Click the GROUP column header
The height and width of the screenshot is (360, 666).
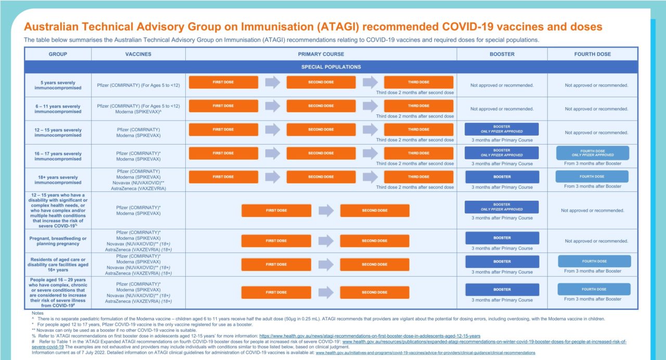coord(58,54)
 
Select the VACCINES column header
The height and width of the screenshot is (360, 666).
coord(138,54)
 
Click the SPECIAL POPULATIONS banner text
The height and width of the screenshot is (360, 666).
coord(331,67)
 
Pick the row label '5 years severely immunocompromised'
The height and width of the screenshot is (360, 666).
coord(58,85)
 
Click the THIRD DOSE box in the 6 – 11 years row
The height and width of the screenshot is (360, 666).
coord(418,106)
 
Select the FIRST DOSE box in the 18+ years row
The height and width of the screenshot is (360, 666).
coord(223,177)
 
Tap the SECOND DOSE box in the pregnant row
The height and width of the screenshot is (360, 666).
coord(375,241)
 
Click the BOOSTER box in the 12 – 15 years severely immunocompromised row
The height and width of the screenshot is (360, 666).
coord(502,129)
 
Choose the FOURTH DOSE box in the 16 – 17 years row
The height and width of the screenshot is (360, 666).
coord(592,152)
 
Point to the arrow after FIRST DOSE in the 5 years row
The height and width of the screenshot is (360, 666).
coord(272,82)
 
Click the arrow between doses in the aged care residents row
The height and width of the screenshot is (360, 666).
coord(326,264)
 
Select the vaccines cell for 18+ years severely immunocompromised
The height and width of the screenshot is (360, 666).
coord(138,179)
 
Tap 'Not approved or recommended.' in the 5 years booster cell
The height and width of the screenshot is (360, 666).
coord(502,85)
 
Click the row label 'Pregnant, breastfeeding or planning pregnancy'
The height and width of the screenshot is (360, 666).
coord(58,241)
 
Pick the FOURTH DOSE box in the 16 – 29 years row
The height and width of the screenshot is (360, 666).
coord(594,289)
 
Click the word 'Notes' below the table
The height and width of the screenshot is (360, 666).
coord(37,313)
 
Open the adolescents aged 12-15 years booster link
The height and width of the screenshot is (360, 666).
coord(369,336)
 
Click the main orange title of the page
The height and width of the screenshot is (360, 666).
coord(313,27)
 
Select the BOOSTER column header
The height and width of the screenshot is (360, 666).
coord(502,54)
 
